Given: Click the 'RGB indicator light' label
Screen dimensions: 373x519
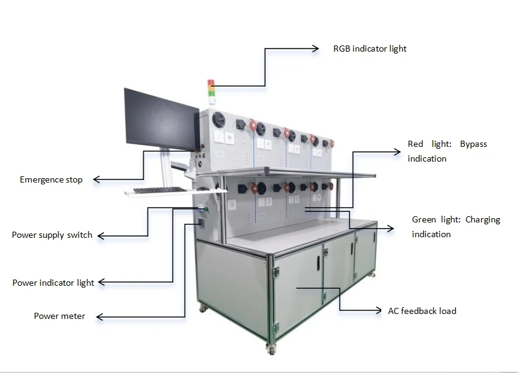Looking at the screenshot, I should pos(370,49).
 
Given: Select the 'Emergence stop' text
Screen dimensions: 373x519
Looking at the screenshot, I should pos(51,179).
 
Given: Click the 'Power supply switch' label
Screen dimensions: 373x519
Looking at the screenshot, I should pos(52,235).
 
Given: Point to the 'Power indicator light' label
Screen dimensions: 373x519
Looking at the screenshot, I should pos(53,283).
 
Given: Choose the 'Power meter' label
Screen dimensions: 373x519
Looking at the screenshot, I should pos(60,316).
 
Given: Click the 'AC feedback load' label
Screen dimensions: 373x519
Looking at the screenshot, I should pos(422,311).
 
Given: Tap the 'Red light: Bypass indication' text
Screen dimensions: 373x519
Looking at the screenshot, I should pos(447,151).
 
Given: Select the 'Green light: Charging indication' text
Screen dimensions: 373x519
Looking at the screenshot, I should pos(456,227).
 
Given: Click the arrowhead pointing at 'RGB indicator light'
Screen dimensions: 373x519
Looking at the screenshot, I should pos(315,49).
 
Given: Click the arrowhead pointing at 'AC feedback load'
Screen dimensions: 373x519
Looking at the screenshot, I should pos(378,311).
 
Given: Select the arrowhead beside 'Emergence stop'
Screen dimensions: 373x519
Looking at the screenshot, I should pos(97,180).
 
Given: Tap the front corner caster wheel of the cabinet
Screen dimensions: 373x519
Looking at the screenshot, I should pos(271,349).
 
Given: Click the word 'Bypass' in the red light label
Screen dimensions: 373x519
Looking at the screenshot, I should pos(473,144).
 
